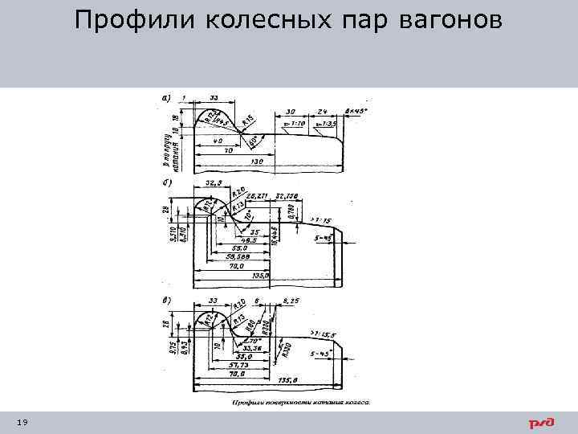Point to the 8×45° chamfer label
click(355, 111)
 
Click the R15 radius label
click(250, 121)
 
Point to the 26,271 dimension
click(258, 195)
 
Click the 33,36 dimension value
click(242, 347)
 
